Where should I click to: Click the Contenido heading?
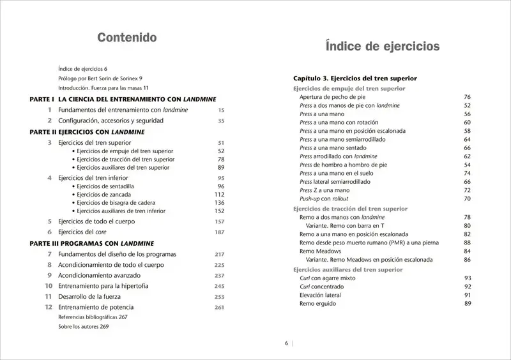(x=127, y=38)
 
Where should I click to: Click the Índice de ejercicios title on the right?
(x=382, y=47)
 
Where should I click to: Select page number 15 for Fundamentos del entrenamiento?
(x=221, y=110)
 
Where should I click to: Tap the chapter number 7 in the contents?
(x=49, y=254)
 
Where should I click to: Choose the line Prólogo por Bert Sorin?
(x=100, y=78)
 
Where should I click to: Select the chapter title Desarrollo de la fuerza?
(x=100, y=297)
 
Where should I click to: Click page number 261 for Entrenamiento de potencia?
(x=220, y=308)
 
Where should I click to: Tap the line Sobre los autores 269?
(x=84, y=327)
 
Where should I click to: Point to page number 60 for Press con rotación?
(x=467, y=123)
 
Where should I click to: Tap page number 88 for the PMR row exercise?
(x=467, y=243)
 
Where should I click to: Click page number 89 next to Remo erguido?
(x=467, y=304)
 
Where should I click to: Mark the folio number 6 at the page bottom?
(x=287, y=343)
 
